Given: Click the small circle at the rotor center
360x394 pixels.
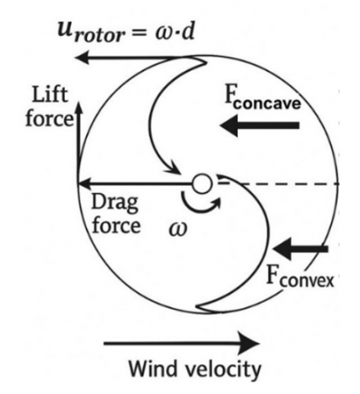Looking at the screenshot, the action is coord(202,184).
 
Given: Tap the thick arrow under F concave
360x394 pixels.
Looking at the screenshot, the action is coord(260,126).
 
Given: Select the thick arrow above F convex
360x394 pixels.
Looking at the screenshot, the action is coord(300,249).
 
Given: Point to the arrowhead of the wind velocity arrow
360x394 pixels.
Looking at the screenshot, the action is coord(249,343).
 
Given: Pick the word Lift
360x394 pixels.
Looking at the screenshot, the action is coord(50,94).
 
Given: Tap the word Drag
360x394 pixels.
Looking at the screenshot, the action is coord(115,204).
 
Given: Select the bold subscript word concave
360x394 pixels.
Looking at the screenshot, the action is coord(267,104).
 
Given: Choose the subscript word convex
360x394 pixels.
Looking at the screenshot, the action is coord(307,281).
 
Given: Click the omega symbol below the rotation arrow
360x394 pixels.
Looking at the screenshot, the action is coord(178,229).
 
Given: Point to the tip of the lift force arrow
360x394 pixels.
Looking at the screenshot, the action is coord(79,103).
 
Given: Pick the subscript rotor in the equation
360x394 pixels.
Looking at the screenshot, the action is coord(99,36).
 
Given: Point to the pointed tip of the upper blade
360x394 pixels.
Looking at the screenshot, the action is coord(206,63).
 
